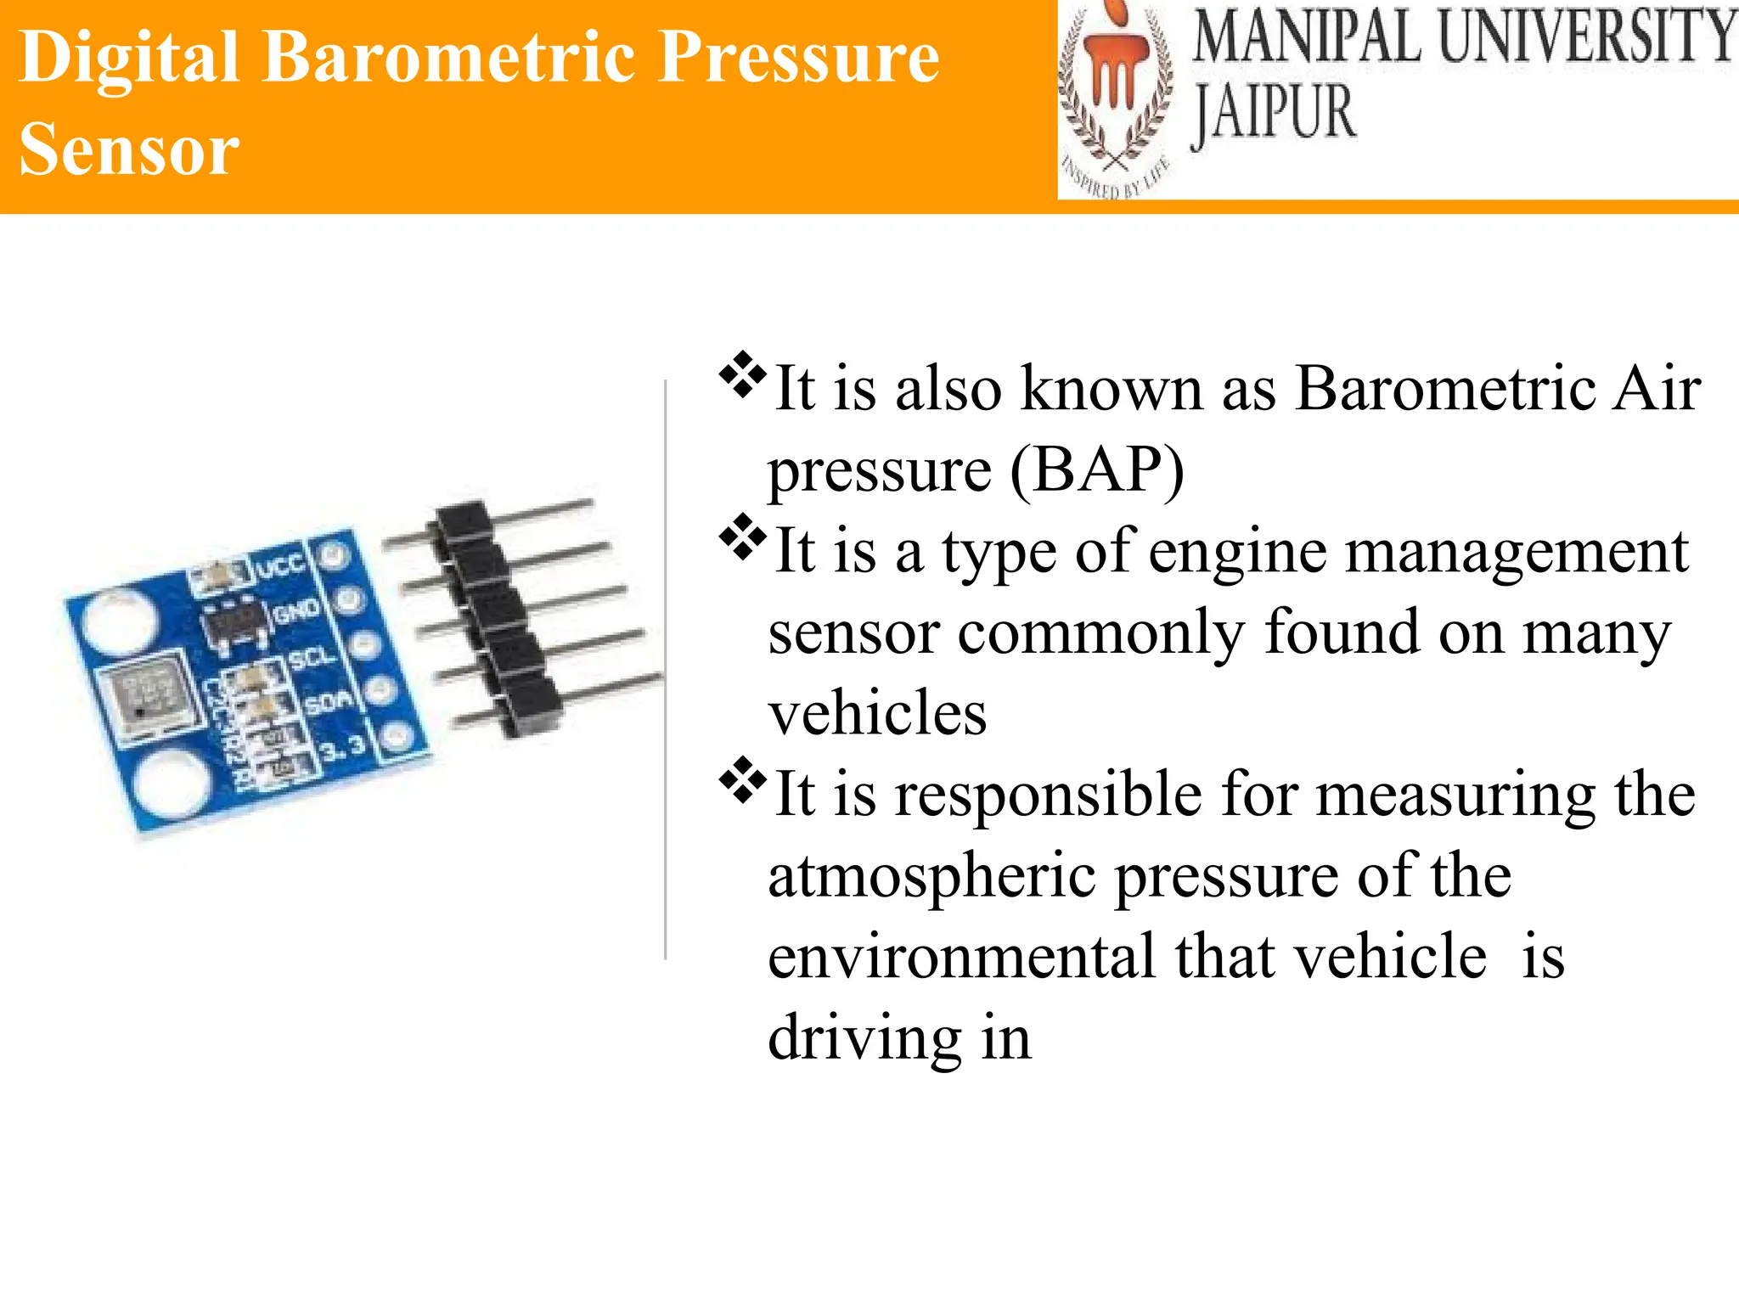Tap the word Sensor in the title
129,149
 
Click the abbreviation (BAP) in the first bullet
1096,469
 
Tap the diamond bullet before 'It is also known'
741,374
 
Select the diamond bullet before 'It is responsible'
741,780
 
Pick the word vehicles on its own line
877,713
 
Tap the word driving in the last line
864,1037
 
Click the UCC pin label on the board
280,565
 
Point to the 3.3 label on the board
343,748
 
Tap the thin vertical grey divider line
666,671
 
